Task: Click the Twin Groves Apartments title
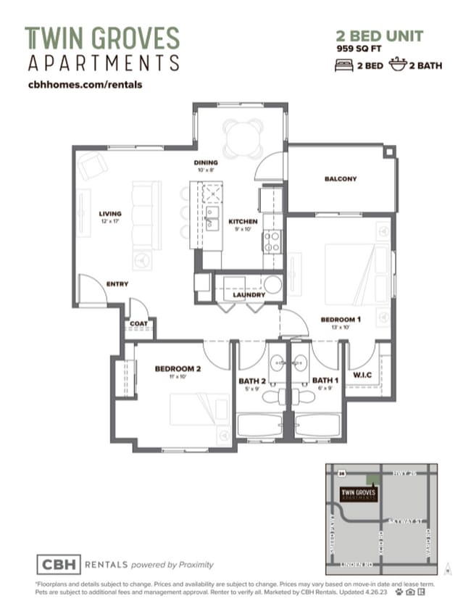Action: pyautogui.click(x=102, y=49)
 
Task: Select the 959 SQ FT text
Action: pyautogui.click(x=361, y=49)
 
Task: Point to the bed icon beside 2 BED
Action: pyautogui.click(x=344, y=66)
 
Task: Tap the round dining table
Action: pyautogui.click(x=243, y=138)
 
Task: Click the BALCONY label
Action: pyautogui.click(x=340, y=179)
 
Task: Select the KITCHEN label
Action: pyautogui.click(x=243, y=221)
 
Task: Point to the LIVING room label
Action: pyautogui.click(x=110, y=214)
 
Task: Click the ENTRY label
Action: pyautogui.click(x=117, y=284)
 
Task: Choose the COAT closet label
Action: pyautogui.click(x=138, y=323)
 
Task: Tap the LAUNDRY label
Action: pyautogui.click(x=248, y=295)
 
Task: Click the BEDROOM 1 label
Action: pyautogui.click(x=341, y=320)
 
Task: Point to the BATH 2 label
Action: pyautogui.click(x=253, y=380)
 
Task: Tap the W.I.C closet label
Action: pyautogui.click(x=363, y=375)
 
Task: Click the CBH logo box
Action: pyautogui.click(x=59, y=563)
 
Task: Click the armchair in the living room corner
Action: pyautogui.click(x=93, y=167)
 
